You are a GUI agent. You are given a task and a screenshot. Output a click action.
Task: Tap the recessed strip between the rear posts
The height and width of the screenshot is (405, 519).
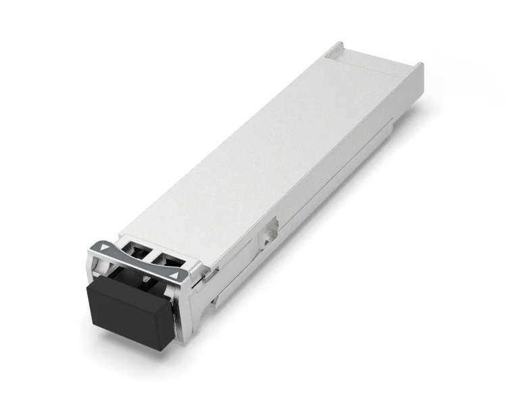click(376, 61)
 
